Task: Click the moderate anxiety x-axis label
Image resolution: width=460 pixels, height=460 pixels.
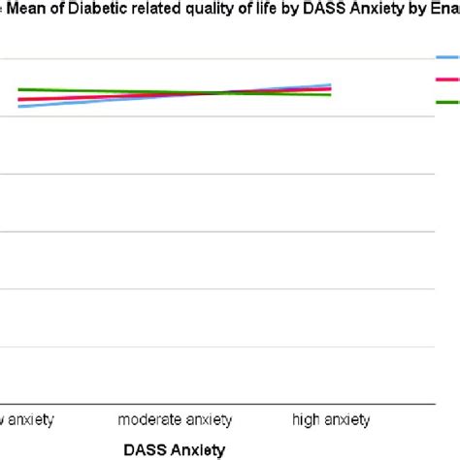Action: [175, 420]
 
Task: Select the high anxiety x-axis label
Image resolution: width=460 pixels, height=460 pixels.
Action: [331, 420]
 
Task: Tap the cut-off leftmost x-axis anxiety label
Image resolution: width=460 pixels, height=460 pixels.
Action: [27, 420]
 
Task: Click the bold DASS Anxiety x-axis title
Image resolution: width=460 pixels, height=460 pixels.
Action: [175, 449]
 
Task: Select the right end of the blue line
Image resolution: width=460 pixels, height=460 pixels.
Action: [331, 84]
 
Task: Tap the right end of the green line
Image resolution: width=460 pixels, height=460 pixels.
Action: [331, 95]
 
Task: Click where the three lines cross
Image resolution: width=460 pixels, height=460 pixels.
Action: [228, 93]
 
